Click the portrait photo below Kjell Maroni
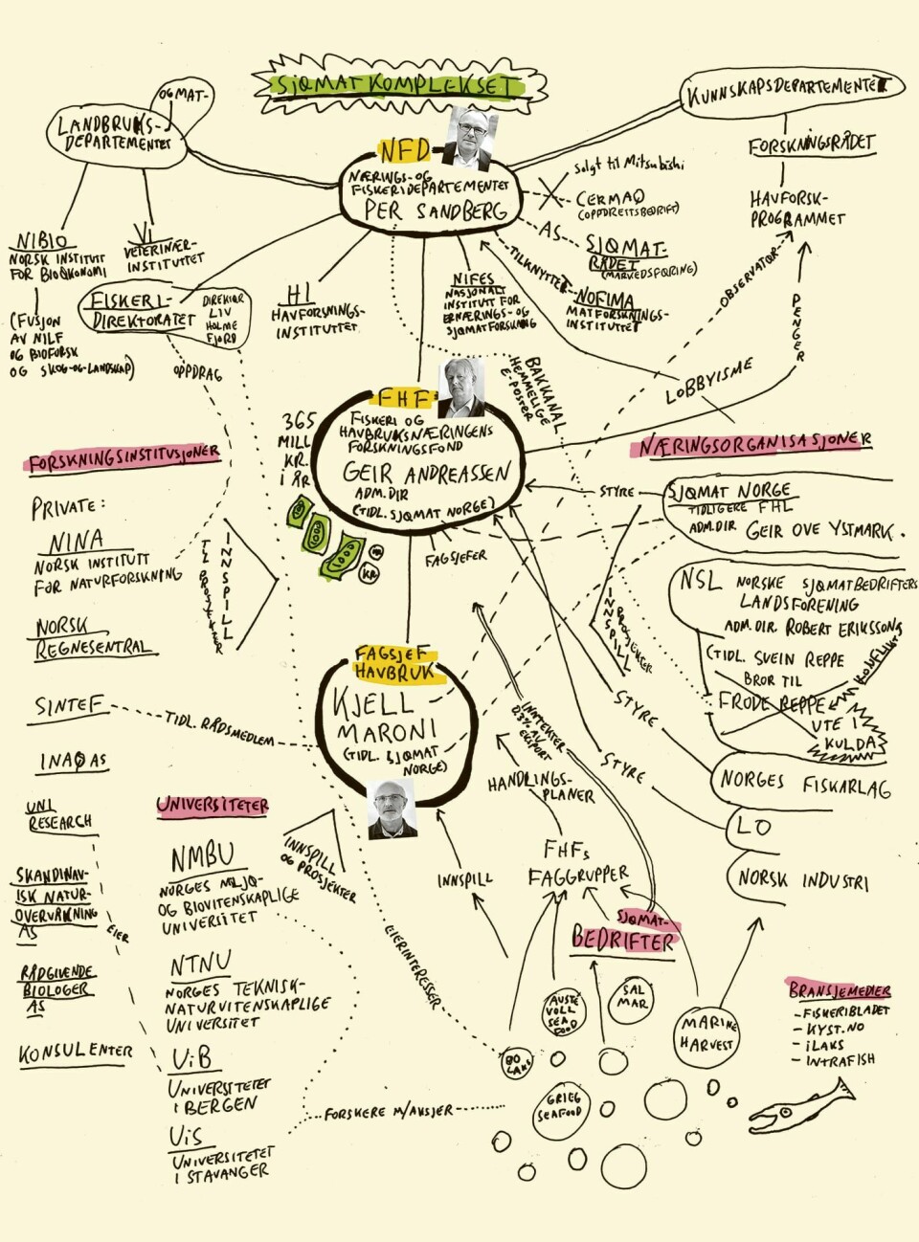click(x=392, y=810)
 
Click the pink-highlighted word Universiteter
click(x=213, y=806)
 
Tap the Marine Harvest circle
click(x=708, y=1034)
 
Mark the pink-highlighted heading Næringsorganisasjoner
click(x=751, y=444)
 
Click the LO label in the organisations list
click(x=753, y=826)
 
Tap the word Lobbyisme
click(x=709, y=380)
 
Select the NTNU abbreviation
click(x=201, y=964)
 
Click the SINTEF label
click(x=69, y=706)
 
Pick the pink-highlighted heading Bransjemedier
click(x=840, y=990)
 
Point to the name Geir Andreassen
click(x=427, y=473)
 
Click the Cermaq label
click(x=610, y=198)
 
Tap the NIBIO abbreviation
click(x=42, y=241)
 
